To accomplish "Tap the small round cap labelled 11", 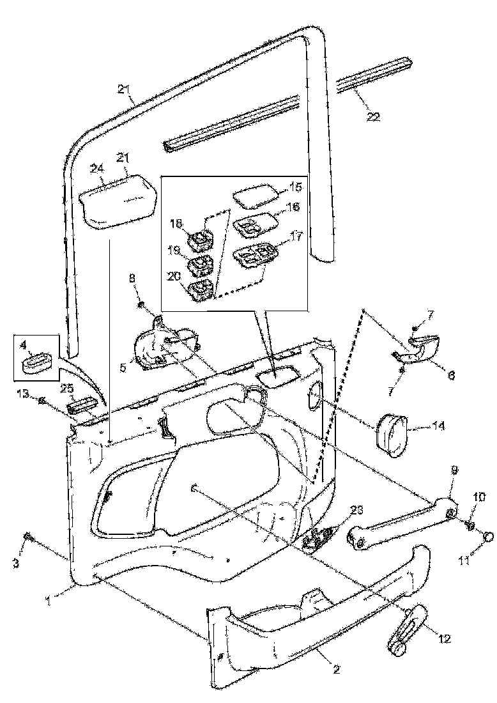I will coord(488,536).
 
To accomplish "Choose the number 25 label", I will coord(66,389).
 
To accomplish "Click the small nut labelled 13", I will coord(42,401).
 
